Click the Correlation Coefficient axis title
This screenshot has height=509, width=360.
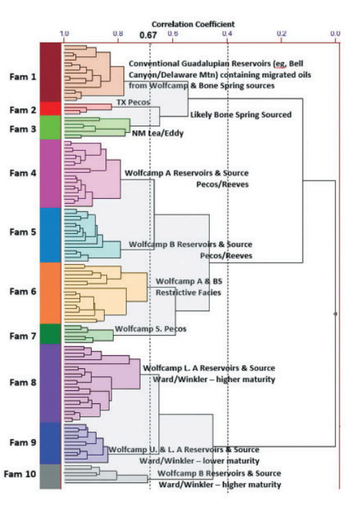(x=193, y=24)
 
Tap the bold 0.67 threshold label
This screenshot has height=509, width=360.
(x=148, y=35)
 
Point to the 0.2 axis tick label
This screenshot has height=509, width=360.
(x=281, y=34)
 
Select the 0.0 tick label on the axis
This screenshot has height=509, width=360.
(x=335, y=34)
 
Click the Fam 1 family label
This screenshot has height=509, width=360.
(x=23, y=77)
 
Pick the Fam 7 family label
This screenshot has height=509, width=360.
(x=23, y=336)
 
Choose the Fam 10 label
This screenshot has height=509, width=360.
(x=20, y=474)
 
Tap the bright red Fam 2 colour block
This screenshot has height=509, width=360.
(x=51, y=109)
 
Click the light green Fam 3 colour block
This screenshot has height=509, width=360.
(x=51, y=128)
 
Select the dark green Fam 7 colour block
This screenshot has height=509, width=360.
(x=51, y=334)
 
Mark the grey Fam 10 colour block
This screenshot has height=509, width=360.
(x=51, y=477)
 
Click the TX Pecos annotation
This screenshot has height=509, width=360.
(x=133, y=102)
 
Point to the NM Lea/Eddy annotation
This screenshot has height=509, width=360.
(x=158, y=133)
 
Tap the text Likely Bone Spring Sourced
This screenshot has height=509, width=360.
(x=241, y=115)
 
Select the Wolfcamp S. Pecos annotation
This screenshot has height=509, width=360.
(x=151, y=329)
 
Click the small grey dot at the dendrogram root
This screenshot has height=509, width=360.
(x=335, y=314)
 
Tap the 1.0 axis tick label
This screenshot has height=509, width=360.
(x=64, y=34)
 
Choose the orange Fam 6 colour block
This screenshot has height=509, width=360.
(x=51, y=293)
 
